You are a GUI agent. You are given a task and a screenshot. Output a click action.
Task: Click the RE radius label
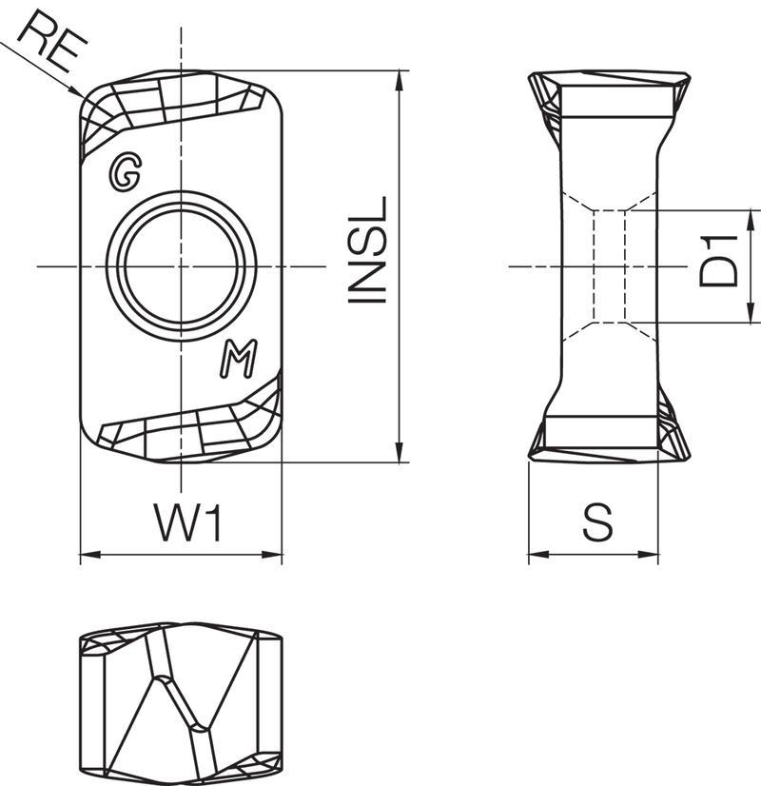(x=52, y=42)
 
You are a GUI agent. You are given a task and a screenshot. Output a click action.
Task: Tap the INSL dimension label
(x=368, y=249)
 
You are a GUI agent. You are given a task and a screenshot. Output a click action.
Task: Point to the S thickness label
(x=597, y=522)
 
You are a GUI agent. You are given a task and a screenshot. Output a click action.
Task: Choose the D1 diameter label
(x=718, y=261)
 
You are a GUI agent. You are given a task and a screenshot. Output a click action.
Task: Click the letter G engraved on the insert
(x=125, y=173)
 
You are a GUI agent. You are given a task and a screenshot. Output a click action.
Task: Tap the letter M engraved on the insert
(x=239, y=359)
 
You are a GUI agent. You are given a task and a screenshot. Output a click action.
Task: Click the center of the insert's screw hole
(x=182, y=265)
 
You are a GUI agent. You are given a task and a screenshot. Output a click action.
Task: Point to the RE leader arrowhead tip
(x=83, y=97)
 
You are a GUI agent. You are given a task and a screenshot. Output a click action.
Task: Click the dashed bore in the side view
(x=609, y=266)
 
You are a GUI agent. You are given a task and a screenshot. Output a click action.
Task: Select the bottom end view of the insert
(x=181, y=704)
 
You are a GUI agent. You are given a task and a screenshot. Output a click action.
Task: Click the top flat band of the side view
(x=616, y=101)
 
